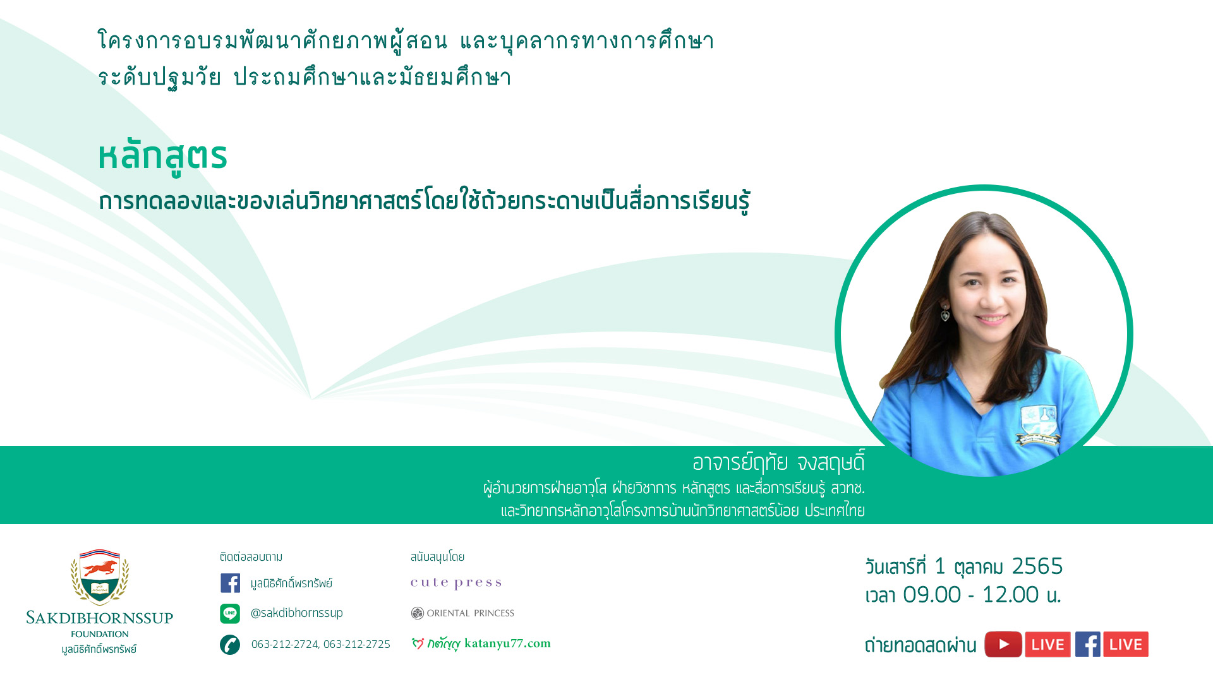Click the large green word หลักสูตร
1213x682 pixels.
point(162,157)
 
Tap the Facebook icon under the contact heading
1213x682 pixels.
point(230,583)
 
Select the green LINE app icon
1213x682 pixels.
point(230,613)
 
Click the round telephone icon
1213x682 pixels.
point(230,645)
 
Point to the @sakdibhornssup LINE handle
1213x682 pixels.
point(297,613)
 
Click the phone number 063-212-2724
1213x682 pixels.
point(285,644)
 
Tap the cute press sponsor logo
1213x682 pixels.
point(456,583)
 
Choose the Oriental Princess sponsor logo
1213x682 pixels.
point(462,613)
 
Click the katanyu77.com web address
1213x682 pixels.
point(507,643)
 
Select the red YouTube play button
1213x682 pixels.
point(1003,644)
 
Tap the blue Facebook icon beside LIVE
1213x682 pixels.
point(1088,644)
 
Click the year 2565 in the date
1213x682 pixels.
point(1037,566)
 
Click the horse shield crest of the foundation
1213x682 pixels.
point(100,576)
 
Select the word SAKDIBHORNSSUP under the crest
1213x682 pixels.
point(100,618)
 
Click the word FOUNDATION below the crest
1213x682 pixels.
point(100,634)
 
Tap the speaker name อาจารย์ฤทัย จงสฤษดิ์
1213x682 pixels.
point(778,463)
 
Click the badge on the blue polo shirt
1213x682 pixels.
point(1039,425)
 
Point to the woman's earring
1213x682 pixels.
point(945,313)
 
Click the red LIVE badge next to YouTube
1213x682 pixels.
point(1048,644)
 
